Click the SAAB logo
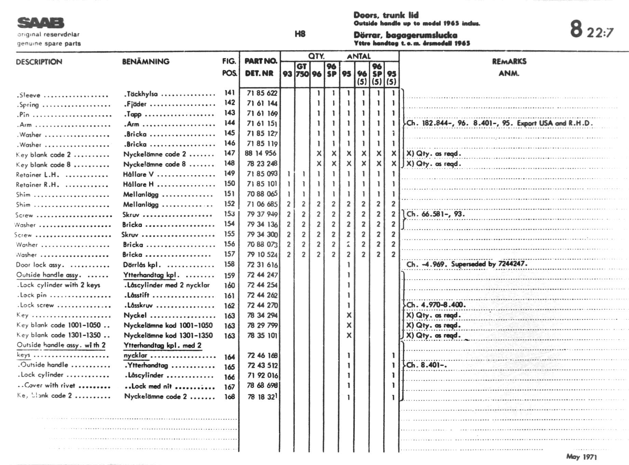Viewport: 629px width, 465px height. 41,23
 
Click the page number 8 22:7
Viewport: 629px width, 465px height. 591,29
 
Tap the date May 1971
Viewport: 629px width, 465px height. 581,456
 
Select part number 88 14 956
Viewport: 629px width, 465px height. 260,153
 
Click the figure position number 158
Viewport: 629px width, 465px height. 229,264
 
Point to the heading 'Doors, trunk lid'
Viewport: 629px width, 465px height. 386,15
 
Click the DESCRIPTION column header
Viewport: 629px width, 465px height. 39,62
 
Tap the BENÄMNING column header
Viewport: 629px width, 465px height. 146,62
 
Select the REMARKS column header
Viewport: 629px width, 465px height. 509,62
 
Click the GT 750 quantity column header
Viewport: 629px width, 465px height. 302,70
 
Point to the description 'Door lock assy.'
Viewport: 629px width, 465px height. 40,265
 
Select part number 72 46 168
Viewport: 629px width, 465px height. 262,356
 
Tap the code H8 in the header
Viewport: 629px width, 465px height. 300,34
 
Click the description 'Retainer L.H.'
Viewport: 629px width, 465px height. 37,175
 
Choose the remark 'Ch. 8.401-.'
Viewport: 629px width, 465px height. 427,365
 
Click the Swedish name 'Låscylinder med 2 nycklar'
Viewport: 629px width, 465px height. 166,285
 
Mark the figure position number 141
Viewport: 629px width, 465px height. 229,92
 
